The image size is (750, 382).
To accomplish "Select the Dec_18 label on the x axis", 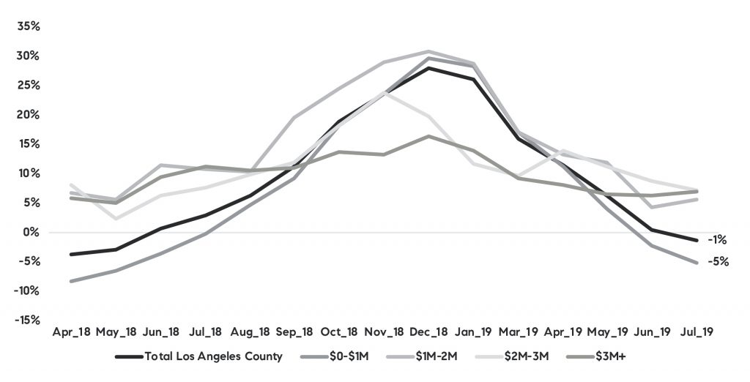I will (428, 332).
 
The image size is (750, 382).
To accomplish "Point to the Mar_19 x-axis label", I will (517, 332).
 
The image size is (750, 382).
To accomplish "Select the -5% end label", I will (718, 261).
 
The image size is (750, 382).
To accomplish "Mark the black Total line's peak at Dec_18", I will (428, 68).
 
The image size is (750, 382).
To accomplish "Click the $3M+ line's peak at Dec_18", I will (428, 136).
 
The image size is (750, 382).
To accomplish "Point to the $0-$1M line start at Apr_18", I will (70, 281).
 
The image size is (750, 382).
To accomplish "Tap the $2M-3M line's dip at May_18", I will (115, 218).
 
